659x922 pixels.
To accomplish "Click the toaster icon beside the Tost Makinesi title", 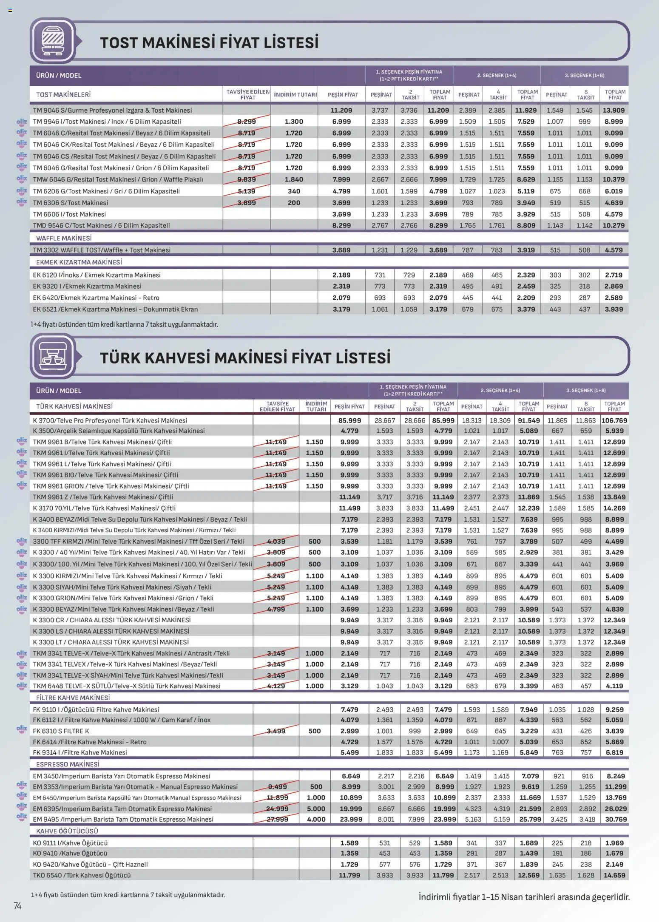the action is (53, 41).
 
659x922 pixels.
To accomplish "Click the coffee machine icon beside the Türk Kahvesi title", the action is (53, 356).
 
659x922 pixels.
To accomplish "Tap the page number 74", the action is (17, 906).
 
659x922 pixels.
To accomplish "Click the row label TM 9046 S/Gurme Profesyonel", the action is (112, 110).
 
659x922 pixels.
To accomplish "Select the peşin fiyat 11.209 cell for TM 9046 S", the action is (341, 110).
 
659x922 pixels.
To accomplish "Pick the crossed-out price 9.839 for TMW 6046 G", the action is (246, 179).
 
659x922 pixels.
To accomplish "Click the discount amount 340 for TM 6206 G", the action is (294, 191).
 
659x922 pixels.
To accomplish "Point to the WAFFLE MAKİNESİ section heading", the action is (64, 238).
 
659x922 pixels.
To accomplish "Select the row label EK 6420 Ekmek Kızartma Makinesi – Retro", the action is (96, 298).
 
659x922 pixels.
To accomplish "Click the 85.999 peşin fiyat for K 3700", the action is (349, 420).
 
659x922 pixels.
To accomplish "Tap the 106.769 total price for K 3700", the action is (614, 420).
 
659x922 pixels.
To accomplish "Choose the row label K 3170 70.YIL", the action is (104, 508).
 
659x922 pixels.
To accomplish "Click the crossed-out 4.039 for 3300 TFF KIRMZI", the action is (276, 541).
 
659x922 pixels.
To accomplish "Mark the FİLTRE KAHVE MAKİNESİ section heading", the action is (73, 698).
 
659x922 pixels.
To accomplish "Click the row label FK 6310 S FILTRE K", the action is (61, 731).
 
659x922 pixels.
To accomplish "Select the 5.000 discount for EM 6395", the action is (315, 809).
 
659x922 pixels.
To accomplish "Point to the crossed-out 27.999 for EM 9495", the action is (277, 819).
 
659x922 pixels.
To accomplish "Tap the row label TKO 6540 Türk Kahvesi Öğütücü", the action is (82, 875).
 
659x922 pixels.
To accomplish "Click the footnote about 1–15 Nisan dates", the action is (524, 897).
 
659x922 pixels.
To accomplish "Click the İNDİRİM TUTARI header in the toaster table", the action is (295, 94).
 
